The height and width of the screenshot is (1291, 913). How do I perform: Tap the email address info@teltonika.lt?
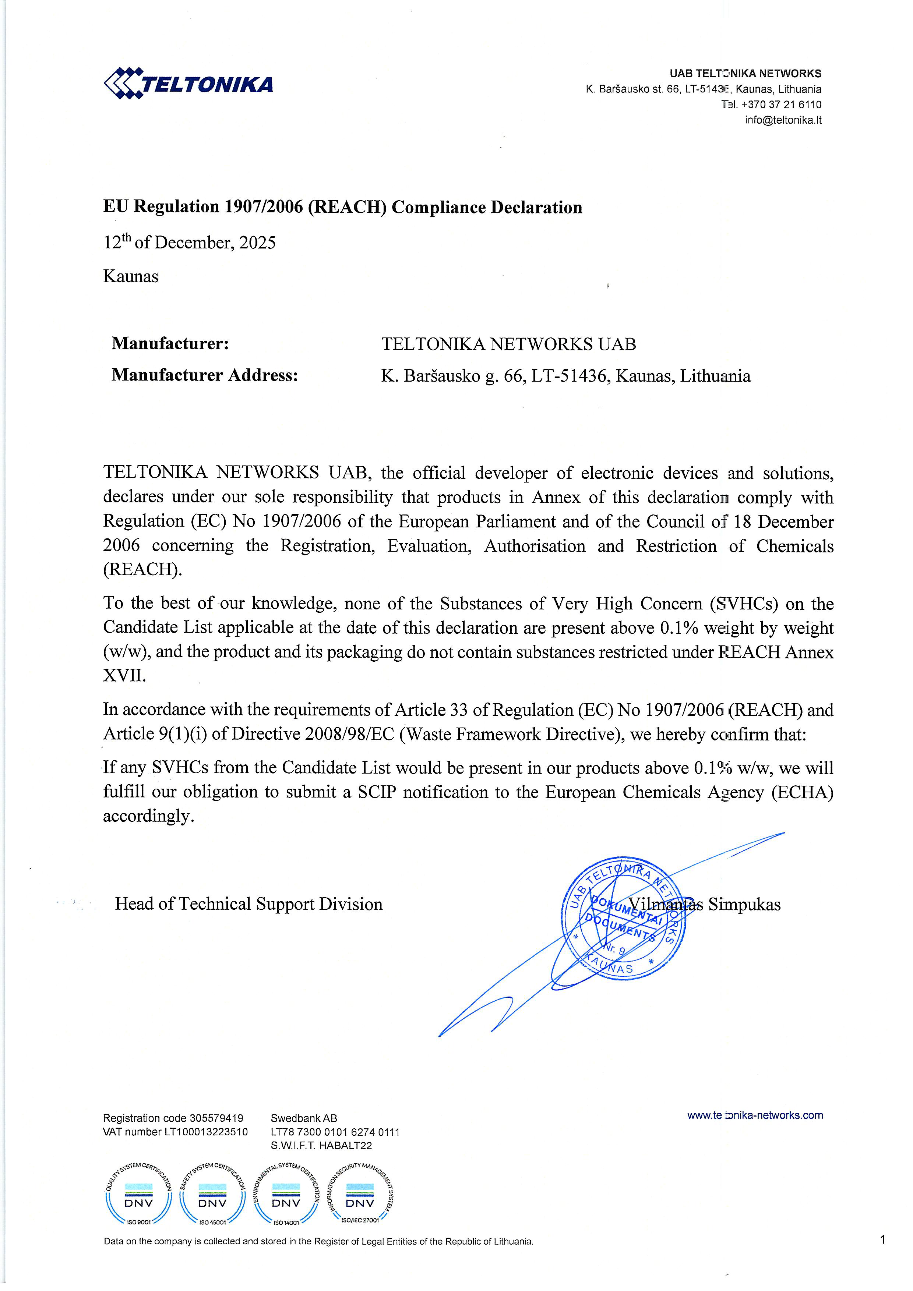[x=783, y=120]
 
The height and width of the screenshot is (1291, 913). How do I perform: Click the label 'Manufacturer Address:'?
[x=204, y=375]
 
